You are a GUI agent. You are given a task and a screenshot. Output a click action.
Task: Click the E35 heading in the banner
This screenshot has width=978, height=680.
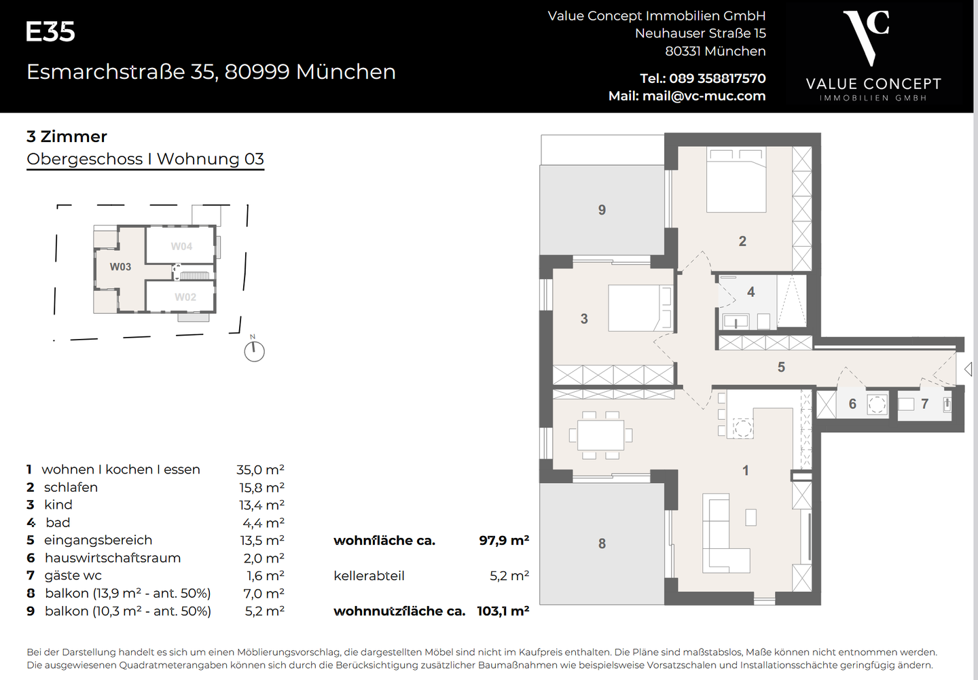tap(50, 32)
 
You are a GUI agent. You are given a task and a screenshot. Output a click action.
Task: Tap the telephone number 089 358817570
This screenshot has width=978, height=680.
tap(717, 78)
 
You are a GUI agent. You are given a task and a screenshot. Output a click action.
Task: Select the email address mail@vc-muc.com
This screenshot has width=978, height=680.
tap(704, 96)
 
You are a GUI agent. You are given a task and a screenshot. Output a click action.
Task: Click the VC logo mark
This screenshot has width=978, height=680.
tap(867, 37)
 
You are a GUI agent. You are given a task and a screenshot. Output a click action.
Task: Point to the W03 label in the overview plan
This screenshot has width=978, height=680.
tap(120, 267)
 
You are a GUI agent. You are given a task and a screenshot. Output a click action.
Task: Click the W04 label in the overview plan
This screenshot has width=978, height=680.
tap(181, 247)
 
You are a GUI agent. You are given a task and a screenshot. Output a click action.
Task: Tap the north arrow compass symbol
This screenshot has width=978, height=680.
tap(254, 351)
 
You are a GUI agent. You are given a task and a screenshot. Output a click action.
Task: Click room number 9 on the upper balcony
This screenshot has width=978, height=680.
tap(602, 210)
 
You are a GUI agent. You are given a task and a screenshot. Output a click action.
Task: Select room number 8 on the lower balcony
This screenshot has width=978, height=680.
tap(602, 543)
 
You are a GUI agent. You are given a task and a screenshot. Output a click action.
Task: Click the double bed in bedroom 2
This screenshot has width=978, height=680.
tap(736, 180)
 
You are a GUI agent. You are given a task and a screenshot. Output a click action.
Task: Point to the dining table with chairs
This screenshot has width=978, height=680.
tap(600, 435)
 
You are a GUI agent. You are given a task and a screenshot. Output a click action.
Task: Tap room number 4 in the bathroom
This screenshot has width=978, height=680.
tap(750, 292)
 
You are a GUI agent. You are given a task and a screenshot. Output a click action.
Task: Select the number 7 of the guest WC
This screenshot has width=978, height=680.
tap(924, 404)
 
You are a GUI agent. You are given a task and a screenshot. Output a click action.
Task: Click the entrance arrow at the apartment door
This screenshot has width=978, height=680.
tap(968, 369)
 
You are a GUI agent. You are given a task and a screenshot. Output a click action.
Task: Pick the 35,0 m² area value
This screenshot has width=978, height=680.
tap(260, 470)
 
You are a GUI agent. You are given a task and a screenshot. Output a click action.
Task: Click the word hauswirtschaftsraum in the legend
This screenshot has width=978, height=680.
tap(113, 558)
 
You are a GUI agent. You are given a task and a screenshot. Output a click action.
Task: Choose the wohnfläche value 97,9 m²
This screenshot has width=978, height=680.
tap(503, 541)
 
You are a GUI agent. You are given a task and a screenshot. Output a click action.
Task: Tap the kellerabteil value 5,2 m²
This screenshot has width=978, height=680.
tap(509, 576)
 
